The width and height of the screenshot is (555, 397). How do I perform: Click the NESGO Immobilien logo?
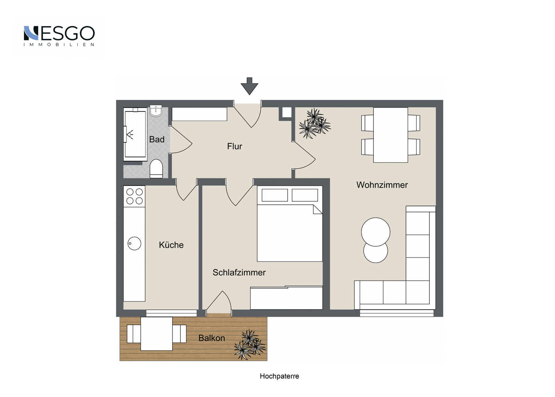(x=59, y=36)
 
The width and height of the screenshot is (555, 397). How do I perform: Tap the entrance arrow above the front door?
(x=249, y=86)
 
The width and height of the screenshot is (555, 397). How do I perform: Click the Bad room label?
(x=157, y=139)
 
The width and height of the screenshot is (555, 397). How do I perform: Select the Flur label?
(x=234, y=146)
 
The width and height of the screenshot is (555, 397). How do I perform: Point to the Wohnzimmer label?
(x=382, y=185)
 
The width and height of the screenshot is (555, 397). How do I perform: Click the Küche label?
(x=171, y=245)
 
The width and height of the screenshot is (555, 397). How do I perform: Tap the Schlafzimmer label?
(x=239, y=273)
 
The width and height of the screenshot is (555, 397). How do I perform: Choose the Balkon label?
(x=212, y=338)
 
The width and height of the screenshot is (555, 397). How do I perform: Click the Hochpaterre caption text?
(x=279, y=376)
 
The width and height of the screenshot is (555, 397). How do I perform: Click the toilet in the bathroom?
(x=156, y=168)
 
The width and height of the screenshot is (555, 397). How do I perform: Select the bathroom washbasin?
(x=156, y=111)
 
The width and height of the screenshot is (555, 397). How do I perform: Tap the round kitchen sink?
(x=134, y=243)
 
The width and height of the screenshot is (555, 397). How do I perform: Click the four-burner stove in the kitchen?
(x=134, y=196)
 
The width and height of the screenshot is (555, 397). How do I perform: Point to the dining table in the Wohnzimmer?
(x=390, y=135)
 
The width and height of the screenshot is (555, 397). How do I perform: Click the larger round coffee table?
(x=376, y=232)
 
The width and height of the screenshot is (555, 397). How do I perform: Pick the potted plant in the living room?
(x=314, y=123)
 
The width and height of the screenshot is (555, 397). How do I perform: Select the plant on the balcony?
(x=250, y=345)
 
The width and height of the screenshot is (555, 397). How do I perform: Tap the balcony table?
(x=156, y=333)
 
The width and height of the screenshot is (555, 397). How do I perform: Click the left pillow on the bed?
(x=274, y=195)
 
